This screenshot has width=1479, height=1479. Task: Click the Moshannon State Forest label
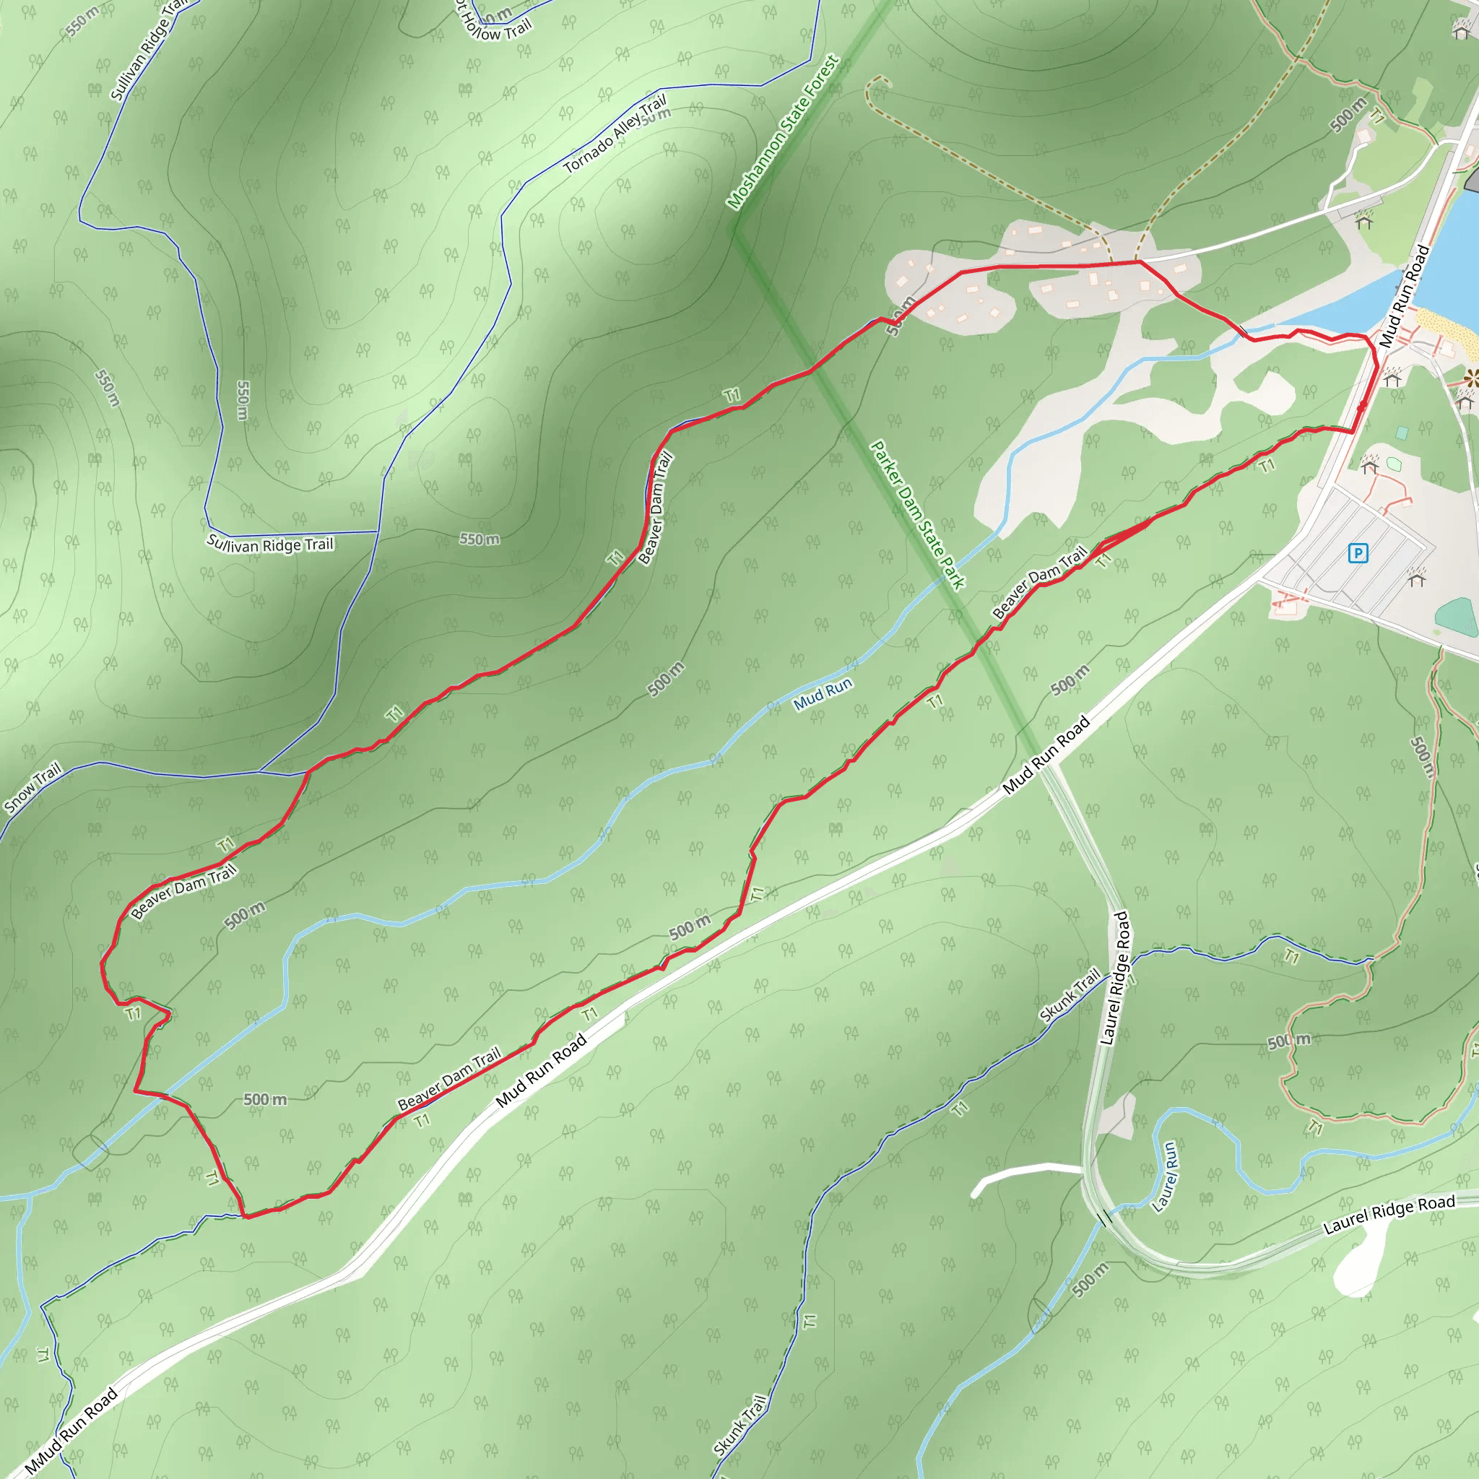[x=782, y=132]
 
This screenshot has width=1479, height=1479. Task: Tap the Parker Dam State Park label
[x=917, y=514]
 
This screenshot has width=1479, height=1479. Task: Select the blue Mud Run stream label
[x=822, y=693]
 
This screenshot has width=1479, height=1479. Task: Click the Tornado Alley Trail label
[x=615, y=133]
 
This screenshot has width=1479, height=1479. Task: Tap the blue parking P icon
[x=1358, y=552]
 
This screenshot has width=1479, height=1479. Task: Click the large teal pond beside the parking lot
[x=1457, y=617]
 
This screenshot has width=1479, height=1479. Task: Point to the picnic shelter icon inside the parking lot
[x=1416, y=576]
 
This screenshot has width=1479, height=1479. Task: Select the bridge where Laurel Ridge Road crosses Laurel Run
[x=1103, y=1218]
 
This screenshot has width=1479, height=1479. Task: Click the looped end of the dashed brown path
[x=875, y=84]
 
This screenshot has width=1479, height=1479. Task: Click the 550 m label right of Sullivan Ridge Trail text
[x=480, y=539]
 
